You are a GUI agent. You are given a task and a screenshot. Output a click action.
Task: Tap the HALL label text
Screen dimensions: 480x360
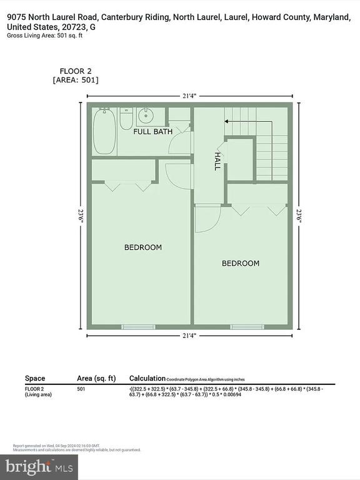tap(217, 161)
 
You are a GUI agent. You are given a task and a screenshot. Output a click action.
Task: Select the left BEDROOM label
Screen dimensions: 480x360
tap(142, 247)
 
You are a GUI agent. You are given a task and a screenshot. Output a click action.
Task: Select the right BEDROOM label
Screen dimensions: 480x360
tap(241, 263)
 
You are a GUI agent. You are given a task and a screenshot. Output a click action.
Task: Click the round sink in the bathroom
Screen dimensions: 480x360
tap(147, 116)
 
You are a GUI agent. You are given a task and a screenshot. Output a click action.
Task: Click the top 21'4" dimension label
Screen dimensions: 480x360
tap(189, 96)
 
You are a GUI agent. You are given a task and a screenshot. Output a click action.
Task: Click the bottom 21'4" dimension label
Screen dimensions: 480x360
tap(189, 336)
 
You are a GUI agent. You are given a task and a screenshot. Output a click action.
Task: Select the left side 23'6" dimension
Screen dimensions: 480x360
tap(81, 215)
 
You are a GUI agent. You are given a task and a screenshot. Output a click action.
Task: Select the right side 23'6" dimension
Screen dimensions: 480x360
tap(299, 215)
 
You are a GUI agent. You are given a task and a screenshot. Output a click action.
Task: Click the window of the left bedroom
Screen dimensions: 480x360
tap(138, 326)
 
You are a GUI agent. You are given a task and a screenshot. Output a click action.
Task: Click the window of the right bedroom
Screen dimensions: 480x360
tap(247, 326)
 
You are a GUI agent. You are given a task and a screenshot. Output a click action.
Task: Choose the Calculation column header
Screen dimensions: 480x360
tap(147, 378)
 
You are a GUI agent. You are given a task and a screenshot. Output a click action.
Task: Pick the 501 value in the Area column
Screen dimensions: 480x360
tap(81, 389)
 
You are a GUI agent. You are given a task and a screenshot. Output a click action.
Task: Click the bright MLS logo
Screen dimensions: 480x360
tap(39, 466)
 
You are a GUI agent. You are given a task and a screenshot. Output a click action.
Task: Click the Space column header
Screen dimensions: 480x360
tap(35, 378)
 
